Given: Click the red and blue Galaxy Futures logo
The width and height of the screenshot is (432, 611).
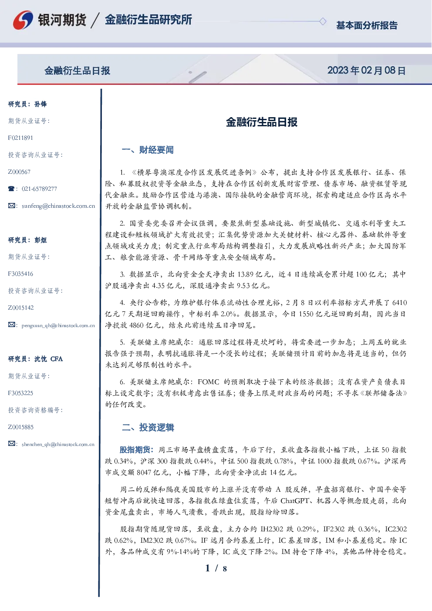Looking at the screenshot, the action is click(x=23, y=20).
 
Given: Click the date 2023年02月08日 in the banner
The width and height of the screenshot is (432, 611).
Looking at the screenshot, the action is click(x=366, y=71).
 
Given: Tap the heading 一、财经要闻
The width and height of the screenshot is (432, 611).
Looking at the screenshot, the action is click(x=148, y=150).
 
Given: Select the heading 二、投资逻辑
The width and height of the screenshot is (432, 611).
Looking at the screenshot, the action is click(x=148, y=427).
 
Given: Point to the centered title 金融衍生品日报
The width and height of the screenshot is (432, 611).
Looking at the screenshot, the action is click(x=262, y=122).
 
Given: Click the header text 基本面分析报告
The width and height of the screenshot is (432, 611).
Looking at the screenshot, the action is click(x=367, y=25).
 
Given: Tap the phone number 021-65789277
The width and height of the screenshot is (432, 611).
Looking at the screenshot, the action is click(x=39, y=189).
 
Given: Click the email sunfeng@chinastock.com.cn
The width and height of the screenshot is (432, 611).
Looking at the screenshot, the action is click(x=58, y=206).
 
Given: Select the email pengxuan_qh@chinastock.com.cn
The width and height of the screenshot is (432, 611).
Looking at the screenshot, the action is click(x=58, y=325).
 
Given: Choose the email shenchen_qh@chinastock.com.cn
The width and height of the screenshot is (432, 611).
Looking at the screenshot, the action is click(x=58, y=444).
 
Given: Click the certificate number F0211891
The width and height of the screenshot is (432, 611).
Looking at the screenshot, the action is click(x=20, y=138).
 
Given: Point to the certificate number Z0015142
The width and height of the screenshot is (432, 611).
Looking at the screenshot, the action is click(x=21, y=308).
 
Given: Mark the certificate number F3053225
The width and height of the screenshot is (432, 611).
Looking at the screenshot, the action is click(x=20, y=393).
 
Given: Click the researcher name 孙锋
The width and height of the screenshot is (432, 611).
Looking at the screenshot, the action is click(x=40, y=104).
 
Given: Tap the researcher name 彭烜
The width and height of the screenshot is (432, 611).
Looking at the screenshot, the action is click(x=40, y=240).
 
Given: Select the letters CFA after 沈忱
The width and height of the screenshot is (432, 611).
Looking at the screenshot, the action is click(x=57, y=359).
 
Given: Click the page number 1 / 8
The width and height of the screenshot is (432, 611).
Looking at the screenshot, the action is click(x=216, y=568).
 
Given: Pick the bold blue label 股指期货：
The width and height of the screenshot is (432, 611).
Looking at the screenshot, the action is click(x=137, y=450).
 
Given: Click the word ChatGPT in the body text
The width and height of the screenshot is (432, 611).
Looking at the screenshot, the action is click(x=294, y=500).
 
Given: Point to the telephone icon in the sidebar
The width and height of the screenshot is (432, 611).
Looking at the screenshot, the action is click(x=11, y=189).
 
